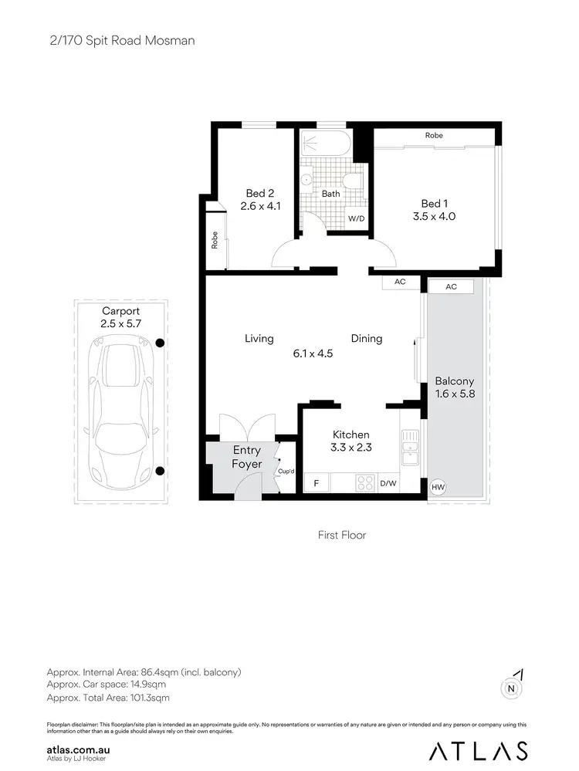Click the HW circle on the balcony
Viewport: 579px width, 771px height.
coord(438,487)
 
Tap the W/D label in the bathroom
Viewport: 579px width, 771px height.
coord(356,219)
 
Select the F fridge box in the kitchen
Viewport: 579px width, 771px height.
coord(316,484)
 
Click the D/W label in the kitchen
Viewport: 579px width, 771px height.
coord(388,484)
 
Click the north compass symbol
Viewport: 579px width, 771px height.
coord(510,687)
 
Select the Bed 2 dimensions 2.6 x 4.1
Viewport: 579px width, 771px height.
coord(260,207)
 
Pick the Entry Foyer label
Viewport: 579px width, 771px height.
coord(247,457)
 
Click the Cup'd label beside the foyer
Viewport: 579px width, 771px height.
coord(286,471)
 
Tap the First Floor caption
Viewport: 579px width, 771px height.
coord(342,535)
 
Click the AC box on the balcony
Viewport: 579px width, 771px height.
coord(452,286)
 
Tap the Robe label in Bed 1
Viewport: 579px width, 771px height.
coord(434,136)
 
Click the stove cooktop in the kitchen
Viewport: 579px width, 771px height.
coord(364,483)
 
